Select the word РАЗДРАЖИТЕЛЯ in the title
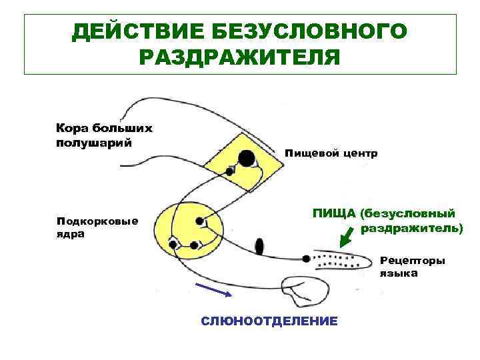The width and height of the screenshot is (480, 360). (239, 57)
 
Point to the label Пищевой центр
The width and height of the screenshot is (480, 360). (331, 153)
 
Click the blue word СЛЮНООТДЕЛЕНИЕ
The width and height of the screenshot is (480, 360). (269, 321)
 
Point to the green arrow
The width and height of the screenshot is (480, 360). (346, 236)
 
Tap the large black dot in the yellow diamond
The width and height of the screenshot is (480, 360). (247, 159)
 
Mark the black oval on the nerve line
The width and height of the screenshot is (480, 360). (259, 247)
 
